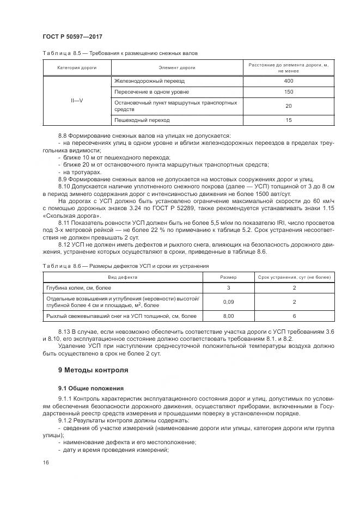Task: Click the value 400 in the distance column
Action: pyautogui.click(x=289, y=81)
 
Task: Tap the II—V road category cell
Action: pyautogui.click(x=77, y=101)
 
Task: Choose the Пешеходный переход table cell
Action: pyautogui.click(x=142, y=120)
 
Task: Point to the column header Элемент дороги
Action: pyautogui.click(x=177, y=68)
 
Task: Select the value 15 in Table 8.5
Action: pyautogui.click(x=289, y=120)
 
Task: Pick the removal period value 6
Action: pyautogui.click(x=294, y=316)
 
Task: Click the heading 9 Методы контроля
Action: pyautogui.click(x=93, y=370)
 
